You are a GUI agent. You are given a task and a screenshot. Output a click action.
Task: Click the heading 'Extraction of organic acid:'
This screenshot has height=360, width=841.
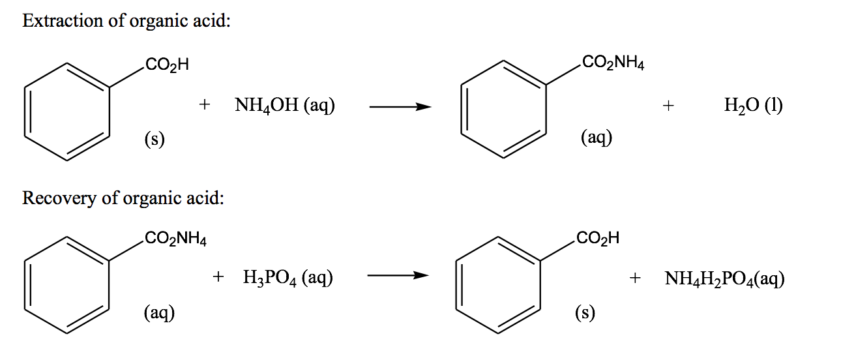[126, 21]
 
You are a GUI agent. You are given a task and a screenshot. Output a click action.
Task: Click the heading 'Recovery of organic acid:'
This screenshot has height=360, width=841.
[123, 198]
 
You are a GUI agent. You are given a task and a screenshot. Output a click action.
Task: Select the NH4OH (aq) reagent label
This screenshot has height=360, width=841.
[285, 106]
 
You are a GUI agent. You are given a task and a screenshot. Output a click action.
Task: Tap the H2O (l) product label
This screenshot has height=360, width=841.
[753, 106]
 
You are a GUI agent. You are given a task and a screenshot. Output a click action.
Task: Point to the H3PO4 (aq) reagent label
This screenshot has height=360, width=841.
[288, 278]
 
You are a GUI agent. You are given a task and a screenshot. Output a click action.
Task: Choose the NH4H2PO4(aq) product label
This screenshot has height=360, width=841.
[724, 279]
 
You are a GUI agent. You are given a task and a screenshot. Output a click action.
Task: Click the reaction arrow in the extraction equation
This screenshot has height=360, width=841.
[400, 106]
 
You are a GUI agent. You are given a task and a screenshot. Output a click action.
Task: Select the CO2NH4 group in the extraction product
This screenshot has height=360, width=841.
[613, 63]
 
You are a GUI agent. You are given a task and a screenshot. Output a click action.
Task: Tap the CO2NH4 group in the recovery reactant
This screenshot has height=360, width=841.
[175, 239]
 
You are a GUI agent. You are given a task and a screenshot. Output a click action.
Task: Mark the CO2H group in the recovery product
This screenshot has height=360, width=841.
[597, 239]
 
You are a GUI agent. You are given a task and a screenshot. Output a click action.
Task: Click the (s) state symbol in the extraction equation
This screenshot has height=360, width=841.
[155, 138]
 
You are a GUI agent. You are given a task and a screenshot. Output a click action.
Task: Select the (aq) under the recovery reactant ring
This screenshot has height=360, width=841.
[159, 313]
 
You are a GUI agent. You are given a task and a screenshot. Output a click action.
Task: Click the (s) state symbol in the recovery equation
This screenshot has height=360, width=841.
[585, 313]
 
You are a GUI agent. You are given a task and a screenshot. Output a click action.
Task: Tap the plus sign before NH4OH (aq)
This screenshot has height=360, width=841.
[205, 106]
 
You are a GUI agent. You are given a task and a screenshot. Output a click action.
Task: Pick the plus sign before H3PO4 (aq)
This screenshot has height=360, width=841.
[218, 278]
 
